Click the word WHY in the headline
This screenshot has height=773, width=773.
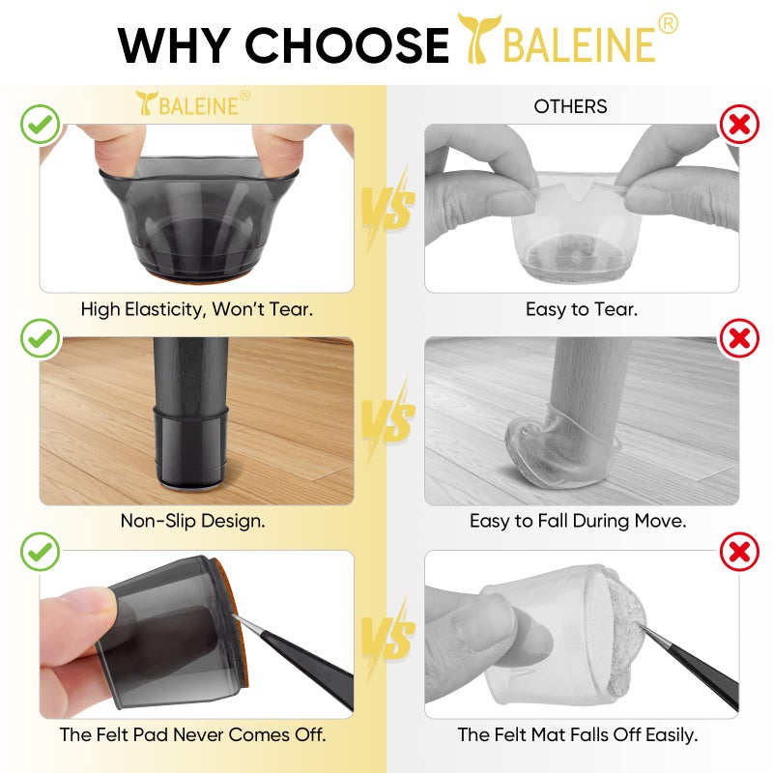coord(174,45)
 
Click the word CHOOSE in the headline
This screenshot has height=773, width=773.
coord(347,45)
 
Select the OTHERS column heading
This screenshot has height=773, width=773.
coord(570,106)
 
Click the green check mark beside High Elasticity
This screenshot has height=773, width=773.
coord(41,125)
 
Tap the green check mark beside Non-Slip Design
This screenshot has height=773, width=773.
coord(41,338)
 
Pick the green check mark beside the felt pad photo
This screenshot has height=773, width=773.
coord(41,552)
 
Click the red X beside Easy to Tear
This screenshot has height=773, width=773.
coord(739,125)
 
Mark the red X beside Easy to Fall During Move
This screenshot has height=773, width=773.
coord(739,338)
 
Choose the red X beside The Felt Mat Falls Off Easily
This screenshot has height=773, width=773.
coord(739,552)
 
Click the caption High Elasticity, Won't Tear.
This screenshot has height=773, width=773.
coord(197,309)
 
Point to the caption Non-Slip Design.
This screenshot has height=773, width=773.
coord(192,521)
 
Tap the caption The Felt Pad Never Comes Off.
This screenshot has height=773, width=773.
coord(192,734)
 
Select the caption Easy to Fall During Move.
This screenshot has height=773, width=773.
coord(578,521)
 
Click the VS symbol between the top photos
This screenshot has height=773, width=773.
coord(389,207)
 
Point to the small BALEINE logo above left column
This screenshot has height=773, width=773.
coord(193,103)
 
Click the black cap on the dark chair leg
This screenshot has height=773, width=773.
coord(190,446)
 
